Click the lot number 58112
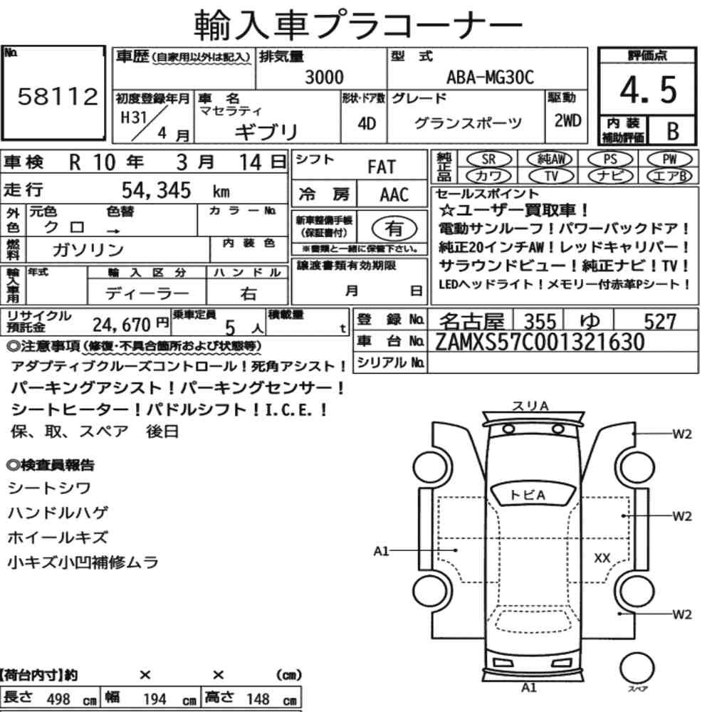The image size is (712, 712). click(58, 96)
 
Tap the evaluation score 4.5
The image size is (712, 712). click(648, 90)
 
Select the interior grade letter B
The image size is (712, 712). click(673, 131)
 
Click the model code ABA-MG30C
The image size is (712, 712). click(490, 77)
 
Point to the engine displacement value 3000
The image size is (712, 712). click(324, 77)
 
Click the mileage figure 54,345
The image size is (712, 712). click(156, 190)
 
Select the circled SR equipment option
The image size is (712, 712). click(489, 159)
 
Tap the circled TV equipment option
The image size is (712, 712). click(551, 176)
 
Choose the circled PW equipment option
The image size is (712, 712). click(670, 159)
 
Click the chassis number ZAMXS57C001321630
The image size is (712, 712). click(540, 342)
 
